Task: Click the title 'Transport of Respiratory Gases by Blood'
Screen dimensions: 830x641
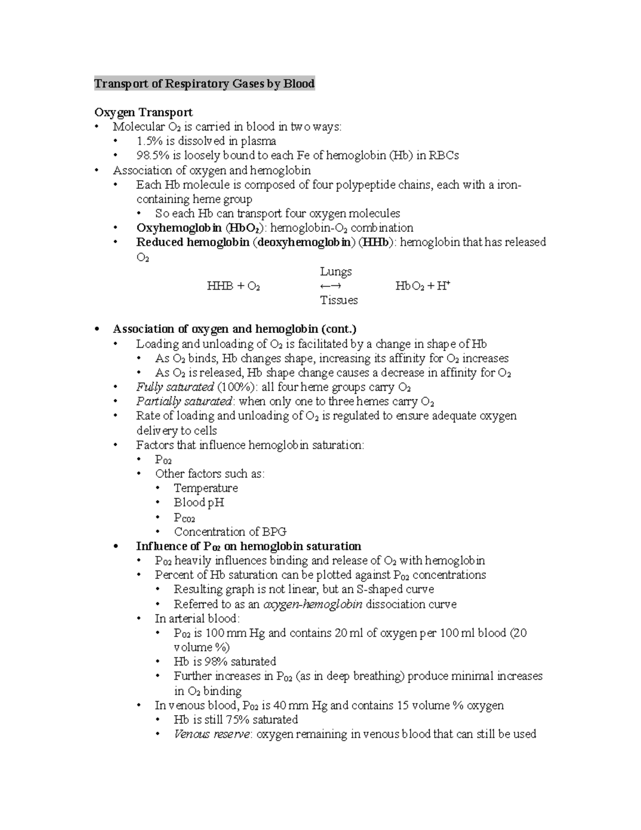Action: (x=204, y=84)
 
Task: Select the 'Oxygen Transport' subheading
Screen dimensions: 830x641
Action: (x=143, y=112)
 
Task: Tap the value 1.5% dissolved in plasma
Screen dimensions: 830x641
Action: (x=147, y=141)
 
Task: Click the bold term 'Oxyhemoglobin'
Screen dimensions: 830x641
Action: (x=178, y=228)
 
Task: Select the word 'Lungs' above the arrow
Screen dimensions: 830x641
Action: (x=335, y=272)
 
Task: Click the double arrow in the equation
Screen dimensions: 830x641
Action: (x=331, y=286)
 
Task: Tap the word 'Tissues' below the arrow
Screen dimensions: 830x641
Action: (x=339, y=300)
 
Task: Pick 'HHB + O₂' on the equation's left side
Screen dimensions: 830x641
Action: (x=233, y=286)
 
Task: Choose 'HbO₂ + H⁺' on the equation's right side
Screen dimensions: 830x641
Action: (x=423, y=286)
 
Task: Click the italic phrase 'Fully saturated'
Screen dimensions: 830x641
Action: (x=175, y=387)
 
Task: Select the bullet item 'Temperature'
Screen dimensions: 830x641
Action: (x=206, y=488)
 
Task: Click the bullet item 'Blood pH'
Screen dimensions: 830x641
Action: (x=199, y=502)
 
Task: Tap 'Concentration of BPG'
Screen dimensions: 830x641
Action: (x=230, y=532)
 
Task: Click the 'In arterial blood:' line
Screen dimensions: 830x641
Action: (x=197, y=619)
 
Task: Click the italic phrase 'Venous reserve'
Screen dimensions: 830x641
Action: (x=212, y=734)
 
